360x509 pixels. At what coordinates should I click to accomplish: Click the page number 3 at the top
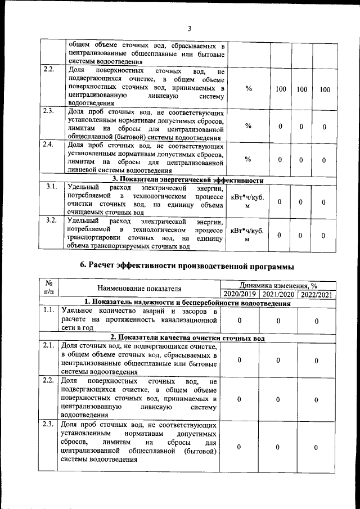tap(190, 29)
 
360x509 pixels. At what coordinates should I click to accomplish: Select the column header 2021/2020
tap(278, 294)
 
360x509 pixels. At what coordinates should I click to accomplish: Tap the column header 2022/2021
tap(317, 294)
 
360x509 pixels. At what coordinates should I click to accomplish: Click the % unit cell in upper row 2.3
tap(248, 125)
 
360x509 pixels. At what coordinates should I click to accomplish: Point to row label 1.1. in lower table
tap(48, 310)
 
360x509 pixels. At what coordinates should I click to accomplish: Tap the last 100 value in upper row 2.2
tap(325, 89)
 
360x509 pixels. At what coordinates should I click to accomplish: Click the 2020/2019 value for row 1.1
tap(240, 320)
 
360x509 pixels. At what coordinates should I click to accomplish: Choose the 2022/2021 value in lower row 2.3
tap(317, 447)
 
